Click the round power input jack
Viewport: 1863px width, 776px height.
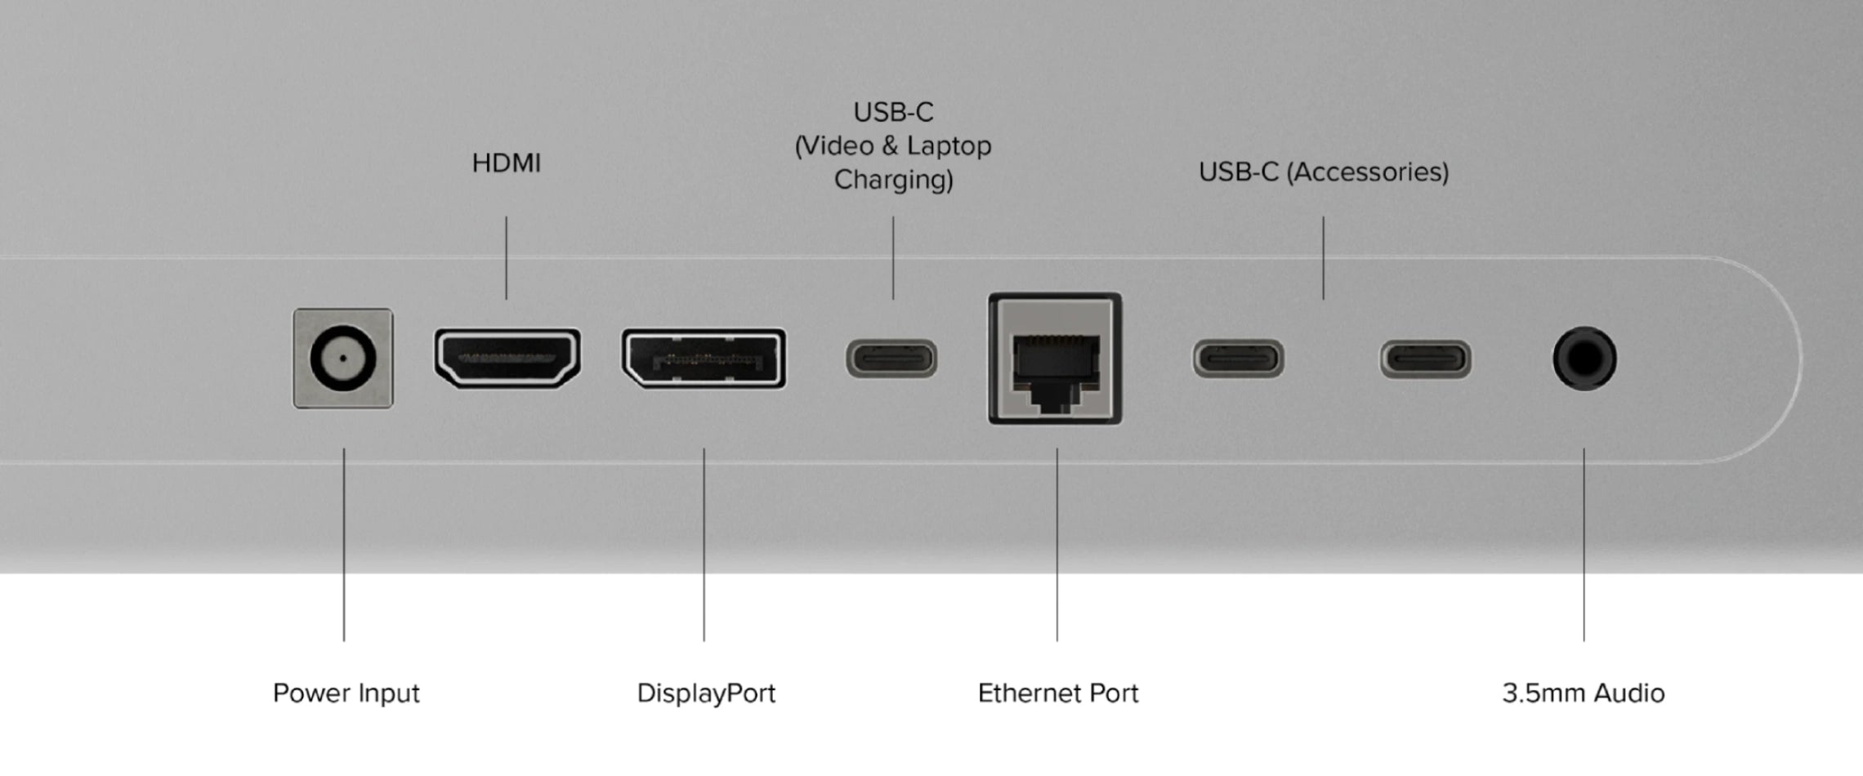pos(343,359)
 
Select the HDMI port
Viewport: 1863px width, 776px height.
pos(507,358)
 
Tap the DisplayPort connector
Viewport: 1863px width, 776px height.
pos(704,359)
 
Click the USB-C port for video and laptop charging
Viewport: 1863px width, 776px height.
pos(891,359)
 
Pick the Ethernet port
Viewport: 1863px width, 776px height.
pos(1055,359)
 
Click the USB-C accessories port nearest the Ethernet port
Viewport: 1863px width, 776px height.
pos(1239,359)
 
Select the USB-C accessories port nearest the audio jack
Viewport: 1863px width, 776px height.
pos(1426,359)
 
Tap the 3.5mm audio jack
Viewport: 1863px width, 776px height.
pos(1584,359)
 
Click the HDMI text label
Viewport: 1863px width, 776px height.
pos(507,163)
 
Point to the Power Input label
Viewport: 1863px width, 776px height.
pos(346,693)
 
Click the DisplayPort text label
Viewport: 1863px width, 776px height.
pos(706,693)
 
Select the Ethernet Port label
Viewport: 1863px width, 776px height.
pos(1057,693)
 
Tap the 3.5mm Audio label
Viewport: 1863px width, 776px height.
pos(1583,693)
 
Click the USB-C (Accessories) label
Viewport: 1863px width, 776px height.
pos(1323,172)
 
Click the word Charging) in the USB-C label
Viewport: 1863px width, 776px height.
pos(893,180)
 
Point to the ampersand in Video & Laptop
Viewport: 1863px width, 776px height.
pos(891,146)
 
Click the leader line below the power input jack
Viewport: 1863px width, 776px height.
pos(344,544)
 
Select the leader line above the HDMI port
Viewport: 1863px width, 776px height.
pos(506,257)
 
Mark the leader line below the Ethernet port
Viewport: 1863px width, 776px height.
pos(1057,544)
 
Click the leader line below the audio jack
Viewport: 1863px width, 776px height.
pos(1584,544)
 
